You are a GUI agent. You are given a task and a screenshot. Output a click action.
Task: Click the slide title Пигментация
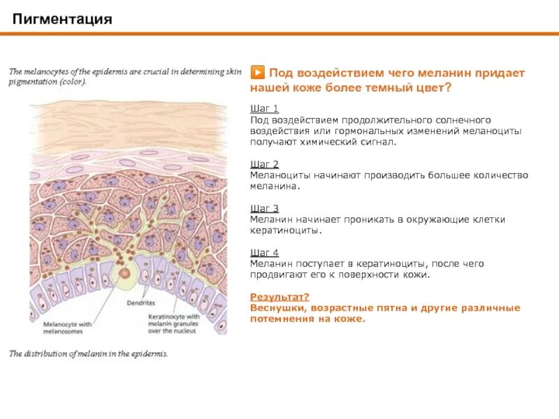point(62,19)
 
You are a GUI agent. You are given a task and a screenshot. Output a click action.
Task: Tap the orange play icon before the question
point(257,73)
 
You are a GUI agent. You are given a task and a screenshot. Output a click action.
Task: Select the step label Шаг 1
point(264,108)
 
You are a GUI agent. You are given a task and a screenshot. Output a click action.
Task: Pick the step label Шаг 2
point(264,164)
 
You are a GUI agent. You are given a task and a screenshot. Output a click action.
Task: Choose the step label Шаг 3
point(264,208)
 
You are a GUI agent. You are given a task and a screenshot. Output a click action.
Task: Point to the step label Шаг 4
point(264,252)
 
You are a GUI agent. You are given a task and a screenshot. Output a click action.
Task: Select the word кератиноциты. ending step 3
point(285,230)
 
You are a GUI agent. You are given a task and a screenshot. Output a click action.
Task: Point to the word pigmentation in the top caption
point(33,82)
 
